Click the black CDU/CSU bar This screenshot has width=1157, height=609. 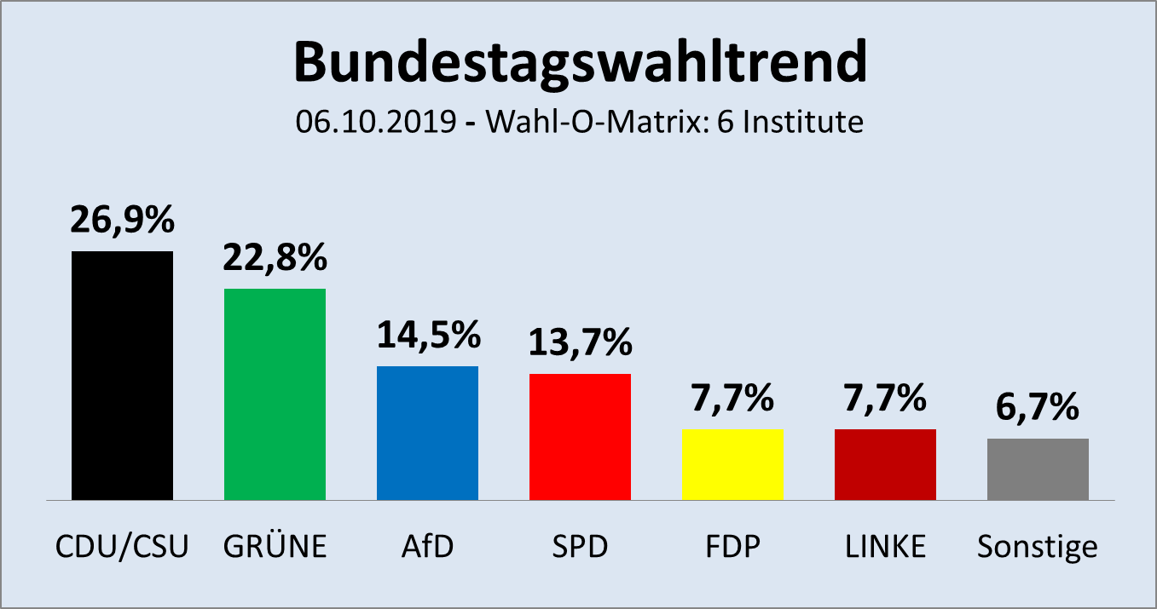click(x=122, y=375)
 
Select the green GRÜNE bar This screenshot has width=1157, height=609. click(x=275, y=394)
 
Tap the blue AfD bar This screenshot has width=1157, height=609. click(x=427, y=433)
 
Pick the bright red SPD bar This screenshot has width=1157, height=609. click(x=580, y=436)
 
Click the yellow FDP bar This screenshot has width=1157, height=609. click(x=732, y=464)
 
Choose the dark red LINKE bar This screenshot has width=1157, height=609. click(x=885, y=464)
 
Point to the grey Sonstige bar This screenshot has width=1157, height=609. click(x=1038, y=469)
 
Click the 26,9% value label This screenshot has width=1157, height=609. click(x=122, y=220)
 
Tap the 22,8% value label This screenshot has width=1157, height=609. click(x=275, y=257)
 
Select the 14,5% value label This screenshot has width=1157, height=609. click(x=427, y=335)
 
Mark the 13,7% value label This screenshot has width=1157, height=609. click(x=580, y=342)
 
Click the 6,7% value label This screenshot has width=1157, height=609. click(x=1038, y=408)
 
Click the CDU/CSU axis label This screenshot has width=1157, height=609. click(x=122, y=546)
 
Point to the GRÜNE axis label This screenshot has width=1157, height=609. click(x=275, y=546)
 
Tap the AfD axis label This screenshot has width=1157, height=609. click(x=427, y=546)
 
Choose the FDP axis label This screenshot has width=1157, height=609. click(x=732, y=546)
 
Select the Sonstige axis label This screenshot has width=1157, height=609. click(x=1038, y=547)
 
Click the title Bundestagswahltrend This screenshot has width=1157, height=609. click(x=579, y=61)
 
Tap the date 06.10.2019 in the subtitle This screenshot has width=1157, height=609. click(x=376, y=123)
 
